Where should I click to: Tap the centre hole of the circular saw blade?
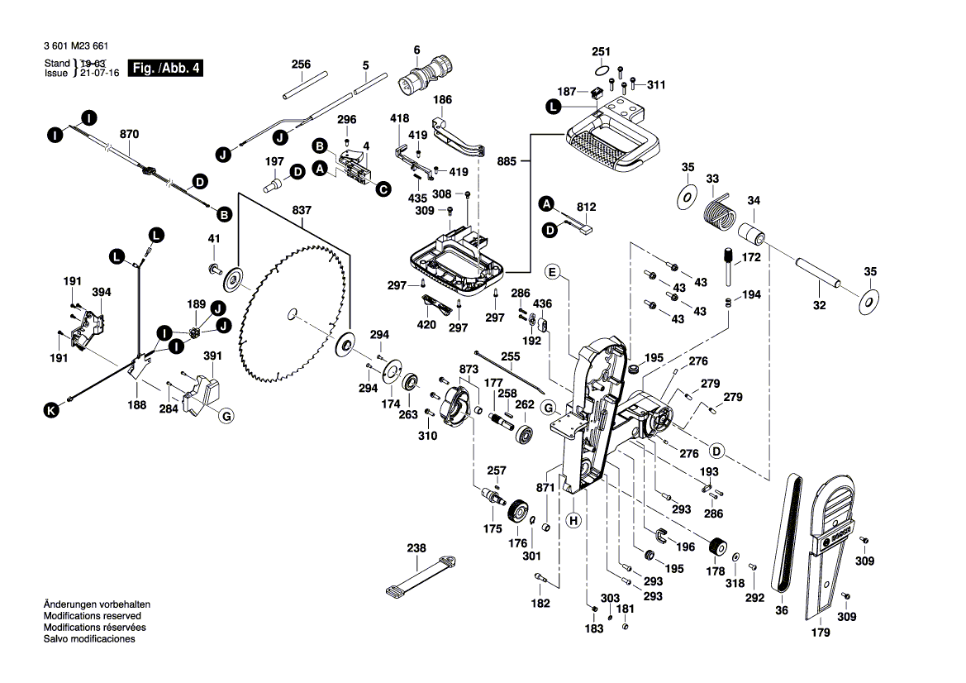coord(292,313)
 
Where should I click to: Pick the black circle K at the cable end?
coord(51,409)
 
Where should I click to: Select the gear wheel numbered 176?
coord(519,512)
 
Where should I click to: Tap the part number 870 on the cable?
coord(130,134)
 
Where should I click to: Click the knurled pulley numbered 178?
coord(716,547)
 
